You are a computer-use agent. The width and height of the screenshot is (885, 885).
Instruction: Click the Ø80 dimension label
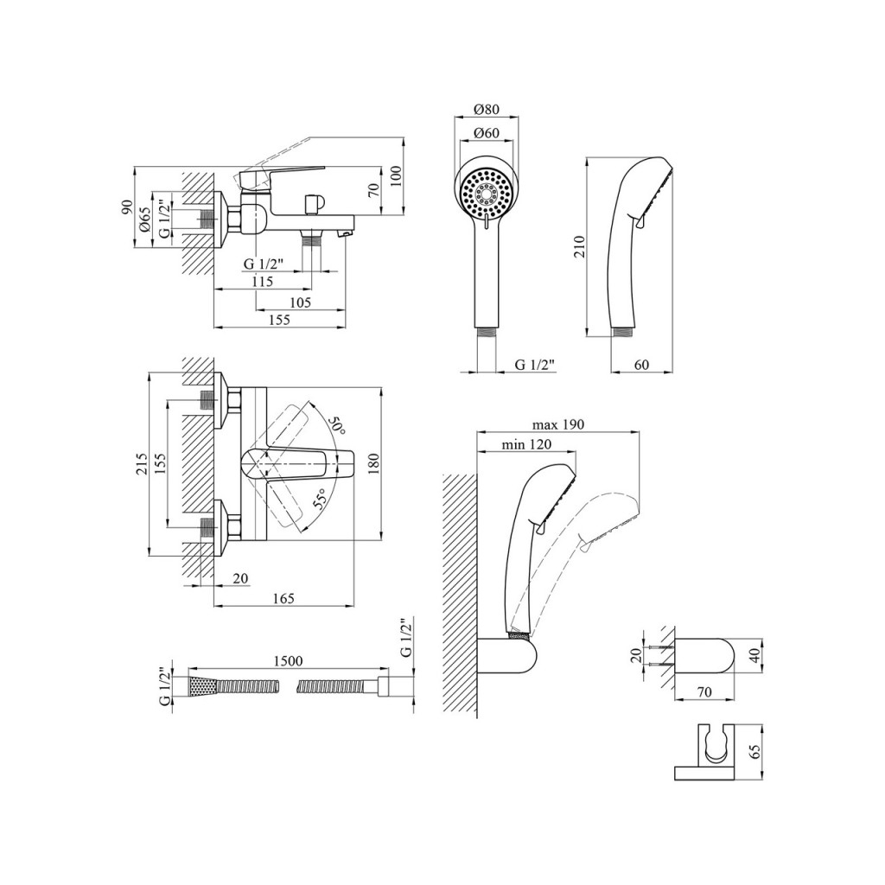pyautogui.click(x=487, y=109)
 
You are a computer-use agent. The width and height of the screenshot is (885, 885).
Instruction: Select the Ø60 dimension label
pyautogui.click(x=487, y=133)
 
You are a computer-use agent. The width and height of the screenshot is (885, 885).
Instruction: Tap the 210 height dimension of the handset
pyautogui.click(x=579, y=246)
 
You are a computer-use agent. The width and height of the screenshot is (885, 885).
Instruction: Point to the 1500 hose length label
pyautogui.click(x=288, y=661)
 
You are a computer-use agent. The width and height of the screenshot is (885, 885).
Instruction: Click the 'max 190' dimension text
pyautogui.click(x=558, y=424)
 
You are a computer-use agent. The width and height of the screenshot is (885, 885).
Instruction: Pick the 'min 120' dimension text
pyautogui.click(x=526, y=445)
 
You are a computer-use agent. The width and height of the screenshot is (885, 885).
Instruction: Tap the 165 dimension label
pyautogui.click(x=283, y=598)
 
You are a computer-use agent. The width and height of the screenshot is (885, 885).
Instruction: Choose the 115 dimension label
pyautogui.click(x=263, y=281)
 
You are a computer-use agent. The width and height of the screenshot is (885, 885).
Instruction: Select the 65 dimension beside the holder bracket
pyautogui.click(x=756, y=751)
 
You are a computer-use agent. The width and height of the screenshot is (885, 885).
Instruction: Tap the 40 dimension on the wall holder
pyautogui.click(x=756, y=656)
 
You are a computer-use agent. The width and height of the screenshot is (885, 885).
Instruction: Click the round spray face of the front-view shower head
pyautogui.click(x=486, y=192)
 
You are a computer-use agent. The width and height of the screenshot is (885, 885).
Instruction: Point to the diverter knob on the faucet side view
pyautogui.click(x=312, y=203)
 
